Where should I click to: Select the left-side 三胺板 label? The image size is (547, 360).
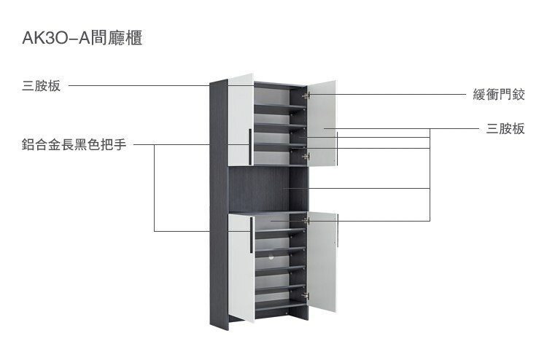pos(41,87)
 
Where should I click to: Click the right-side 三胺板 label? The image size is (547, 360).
pos(505,129)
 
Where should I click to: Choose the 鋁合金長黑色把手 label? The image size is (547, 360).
pos(74,144)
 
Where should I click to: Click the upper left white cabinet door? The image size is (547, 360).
pos(240,120)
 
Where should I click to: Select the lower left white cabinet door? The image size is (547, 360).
pos(240,266)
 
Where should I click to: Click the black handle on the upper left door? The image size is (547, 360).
pos(250,146)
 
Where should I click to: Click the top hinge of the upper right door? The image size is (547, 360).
pos(306,95)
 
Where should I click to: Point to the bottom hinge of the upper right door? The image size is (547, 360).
pos(306,155)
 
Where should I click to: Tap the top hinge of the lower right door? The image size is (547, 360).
pos(306,219)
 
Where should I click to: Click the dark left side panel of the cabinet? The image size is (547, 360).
pos(218,204)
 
